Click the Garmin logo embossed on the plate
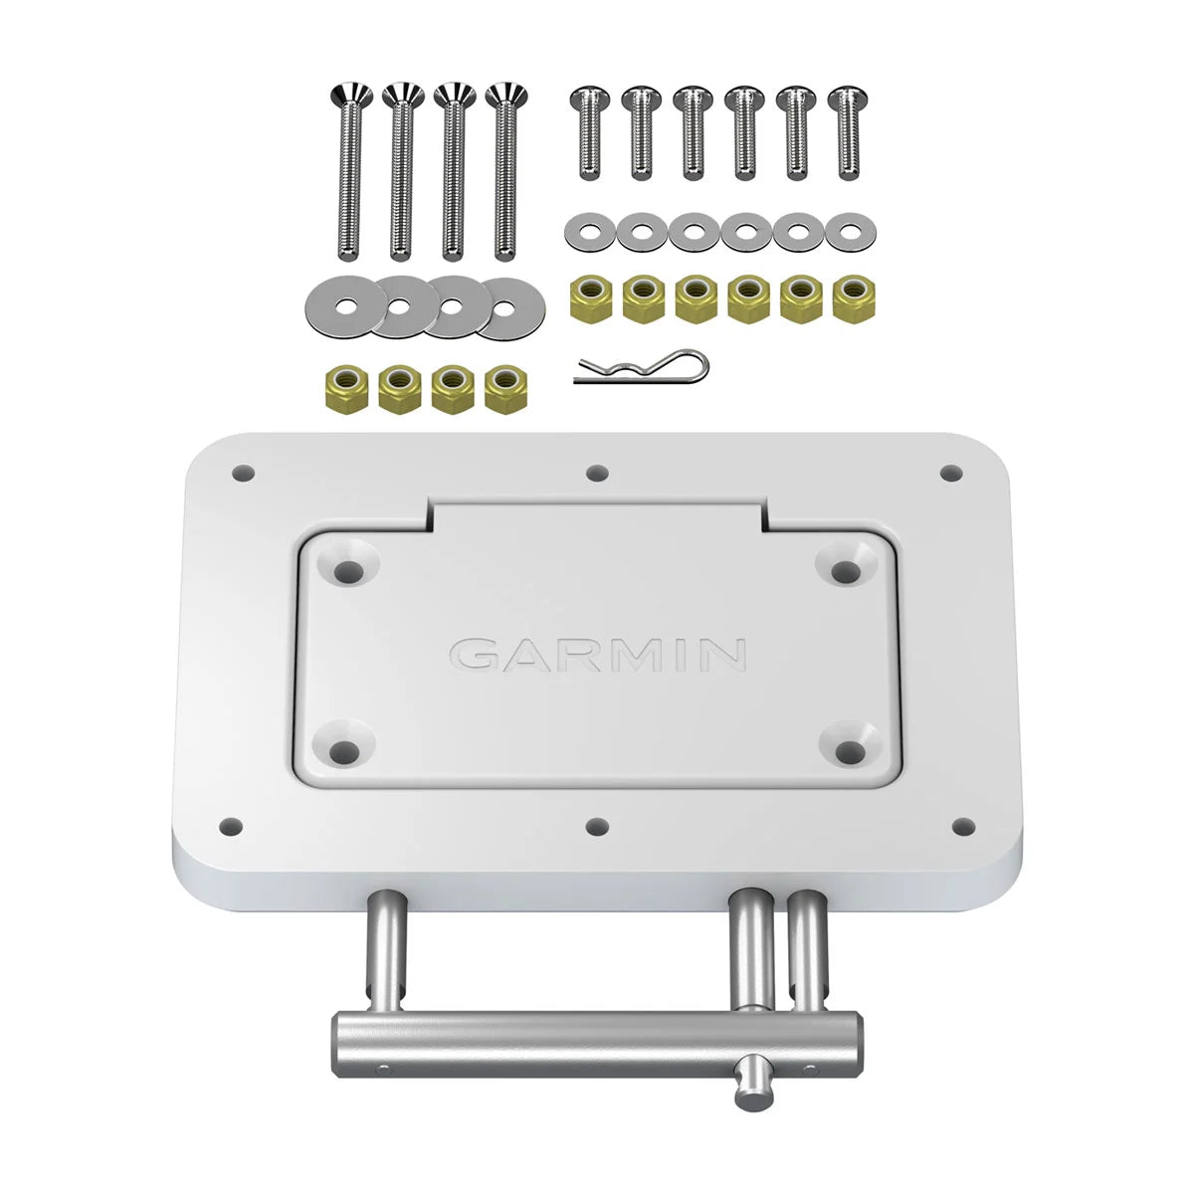[x=598, y=654]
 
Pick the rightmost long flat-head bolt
[x=504, y=169]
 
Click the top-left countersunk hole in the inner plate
[x=349, y=571]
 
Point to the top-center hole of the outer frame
[x=596, y=473]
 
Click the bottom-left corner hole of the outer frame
[x=231, y=825]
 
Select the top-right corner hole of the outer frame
[x=952, y=473]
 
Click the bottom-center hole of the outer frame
[x=596, y=825]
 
